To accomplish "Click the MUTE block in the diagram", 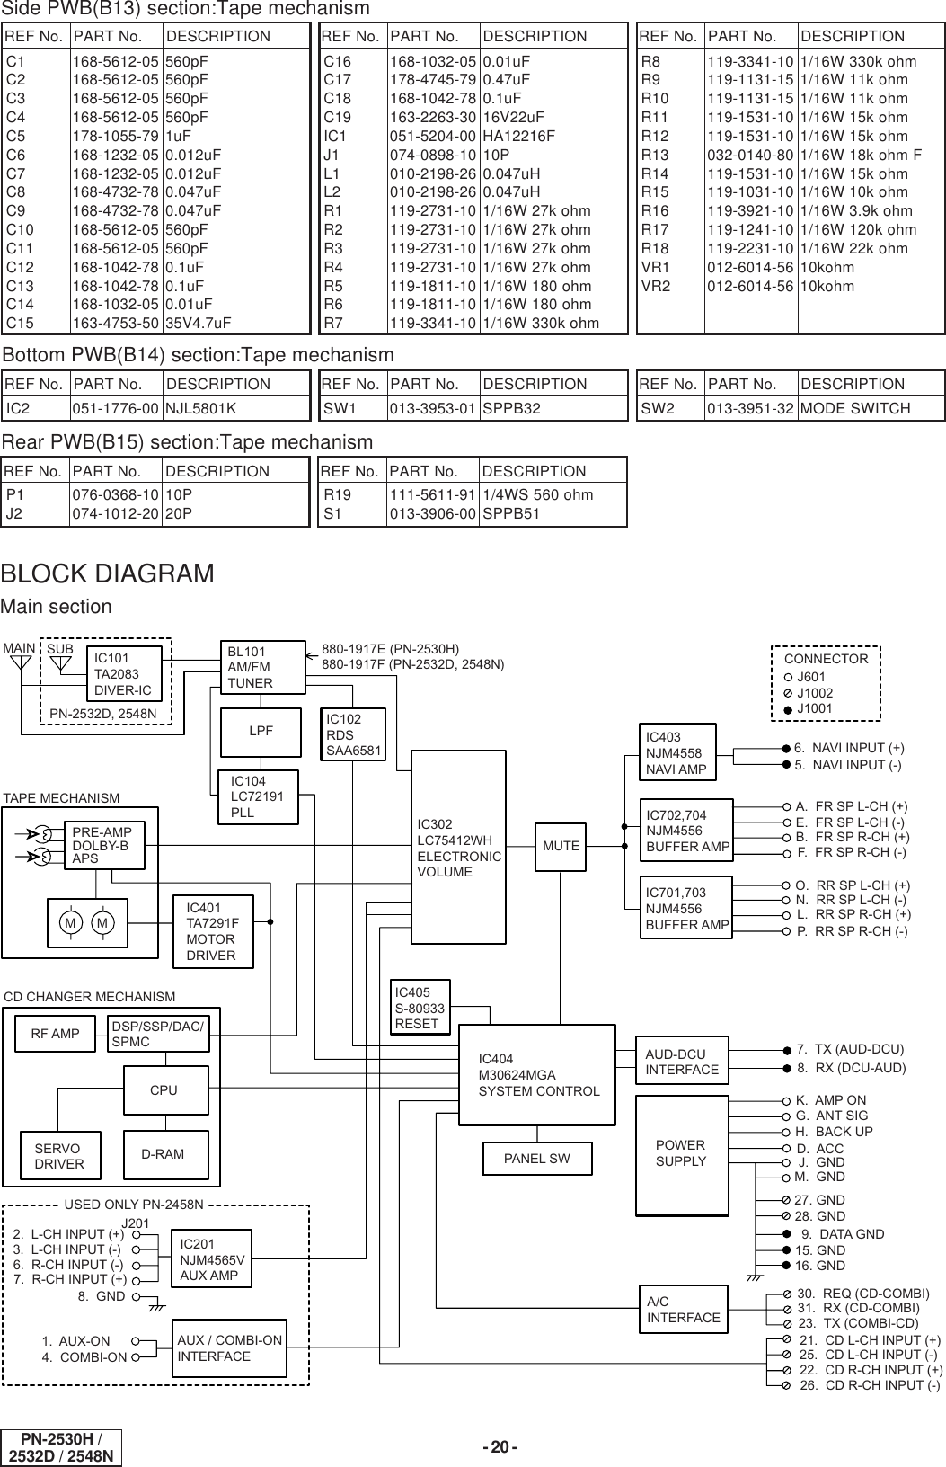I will click(x=560, y=846).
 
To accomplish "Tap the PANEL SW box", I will click(x=536, y=1158).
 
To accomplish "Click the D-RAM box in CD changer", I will click(x=165, y=1154).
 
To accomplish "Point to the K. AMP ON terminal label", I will click(x=831, y=1100).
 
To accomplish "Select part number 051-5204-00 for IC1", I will click(x=433, y=136).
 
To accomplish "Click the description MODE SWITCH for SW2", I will click(x=854, y=408).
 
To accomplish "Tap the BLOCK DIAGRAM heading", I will click(x=108, y=573).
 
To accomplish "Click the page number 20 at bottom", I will click(x=500, y=1446).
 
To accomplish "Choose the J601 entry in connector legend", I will click(x=810, y=676).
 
